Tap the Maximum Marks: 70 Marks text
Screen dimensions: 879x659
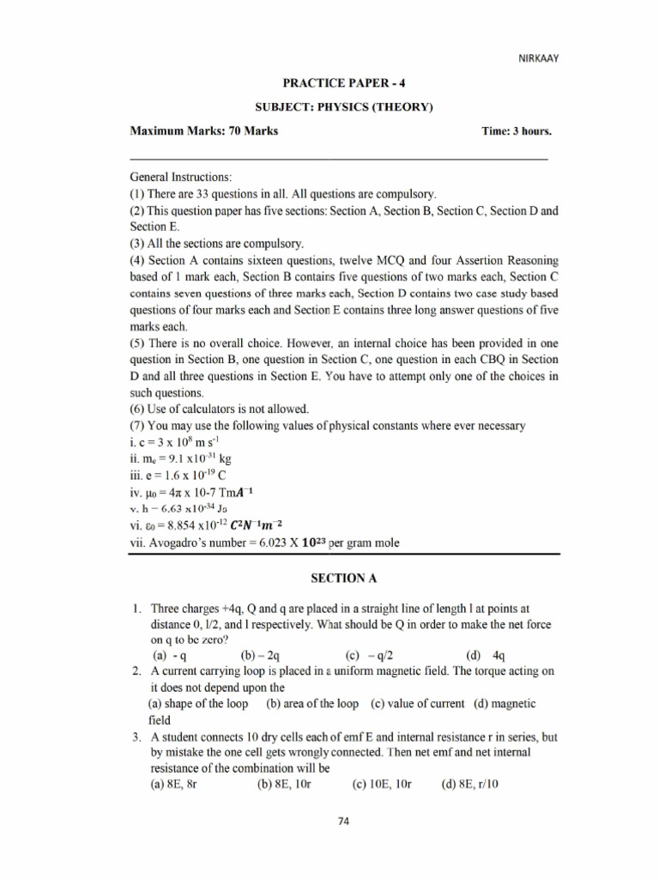203,131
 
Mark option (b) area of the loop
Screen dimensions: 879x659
312,704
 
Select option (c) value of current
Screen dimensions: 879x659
418,704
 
